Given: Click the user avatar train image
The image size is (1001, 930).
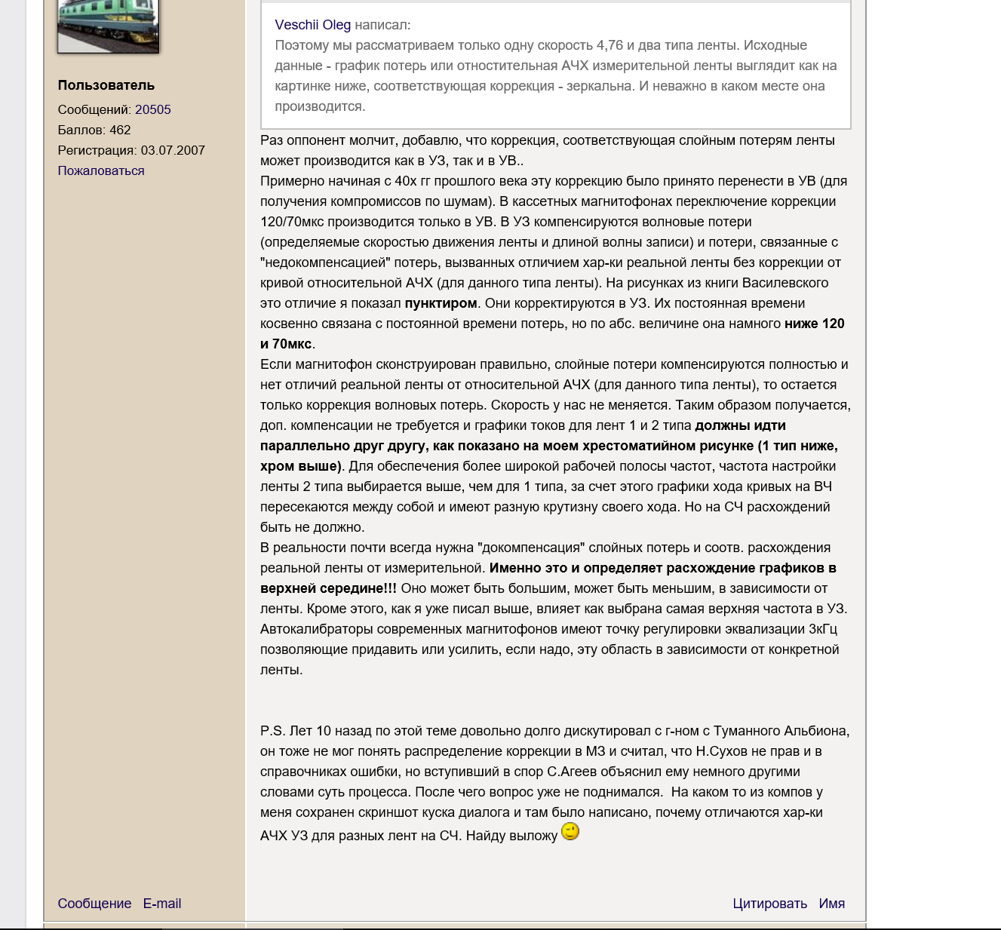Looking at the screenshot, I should pyautogui.click(x=108, y=26).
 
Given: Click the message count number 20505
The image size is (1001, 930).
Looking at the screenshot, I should pyautogui.click(x=153, y=109).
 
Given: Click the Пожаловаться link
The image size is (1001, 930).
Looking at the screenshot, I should pyautogui.click(x=101, y=170).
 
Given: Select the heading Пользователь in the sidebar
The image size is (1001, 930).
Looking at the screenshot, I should pyautogui.click(x=106, y=85).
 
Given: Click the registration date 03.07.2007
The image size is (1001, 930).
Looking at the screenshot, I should pyautogui.click(x=173, y=150).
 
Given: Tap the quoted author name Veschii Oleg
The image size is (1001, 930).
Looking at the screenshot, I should pyautogui.click(x=313, y=25).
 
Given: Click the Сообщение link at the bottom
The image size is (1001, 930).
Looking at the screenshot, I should pyautogui.click(x=94, y=904).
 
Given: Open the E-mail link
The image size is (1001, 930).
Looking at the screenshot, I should pyautogui.click(x=162, y=904).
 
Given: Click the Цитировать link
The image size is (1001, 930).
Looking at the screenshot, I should pyautogui.click(x=769, y=904).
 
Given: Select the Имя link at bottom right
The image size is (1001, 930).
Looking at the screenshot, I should pyautogui.click(x=832, y=904).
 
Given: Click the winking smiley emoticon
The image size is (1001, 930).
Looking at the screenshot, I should pyautogui.click(x=571, y=832).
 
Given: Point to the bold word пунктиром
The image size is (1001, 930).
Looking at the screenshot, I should pyautogui.click(x=441, y=303).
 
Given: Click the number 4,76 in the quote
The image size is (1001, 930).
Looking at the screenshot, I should pyautogui.click(x=610, y=45).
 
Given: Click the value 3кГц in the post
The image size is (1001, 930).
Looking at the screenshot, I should pyautogui.click(x=823, y=629).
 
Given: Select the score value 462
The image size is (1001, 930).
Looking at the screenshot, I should pyautogui.click(x=120, y=130).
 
